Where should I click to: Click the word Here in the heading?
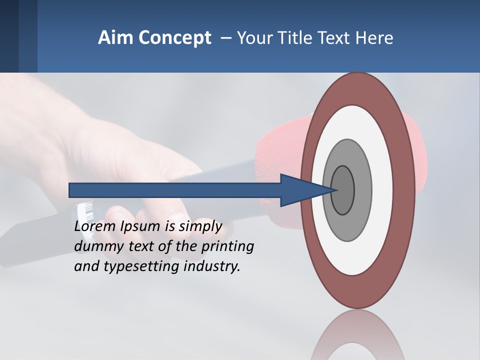376,38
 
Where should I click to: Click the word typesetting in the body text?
141,266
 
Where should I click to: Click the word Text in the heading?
338,38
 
